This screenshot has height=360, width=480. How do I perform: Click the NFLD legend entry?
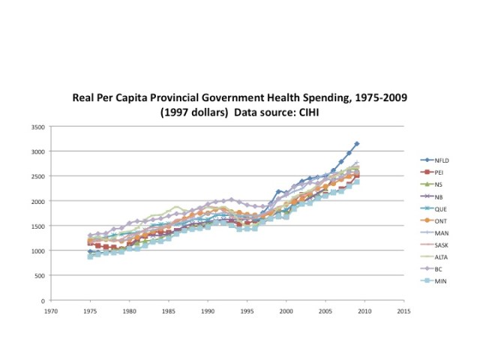[441, 160]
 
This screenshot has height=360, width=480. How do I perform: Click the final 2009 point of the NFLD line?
[357, 143]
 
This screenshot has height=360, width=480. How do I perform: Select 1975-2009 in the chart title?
[379, 97]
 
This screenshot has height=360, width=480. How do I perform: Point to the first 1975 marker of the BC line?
[90, 235]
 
